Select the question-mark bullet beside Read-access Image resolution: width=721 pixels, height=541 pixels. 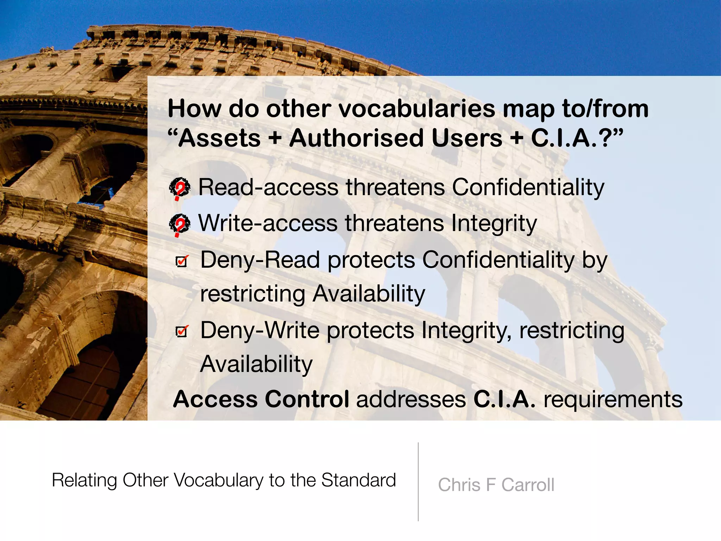tap(180, 188)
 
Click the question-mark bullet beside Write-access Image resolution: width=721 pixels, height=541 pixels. tap(180, 224)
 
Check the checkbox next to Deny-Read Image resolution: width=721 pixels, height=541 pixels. tap(182, 261)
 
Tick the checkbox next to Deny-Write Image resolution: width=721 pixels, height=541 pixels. tap(182, 331)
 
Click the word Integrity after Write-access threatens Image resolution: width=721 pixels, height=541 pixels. tap(494, 224)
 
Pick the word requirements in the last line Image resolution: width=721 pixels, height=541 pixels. tap(613, 400)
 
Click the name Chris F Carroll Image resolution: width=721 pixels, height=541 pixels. tap(496, 485)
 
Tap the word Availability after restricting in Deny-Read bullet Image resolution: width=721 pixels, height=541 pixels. tap(369, 294)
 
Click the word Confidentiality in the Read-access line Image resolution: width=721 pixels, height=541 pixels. tap(528, 187)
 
